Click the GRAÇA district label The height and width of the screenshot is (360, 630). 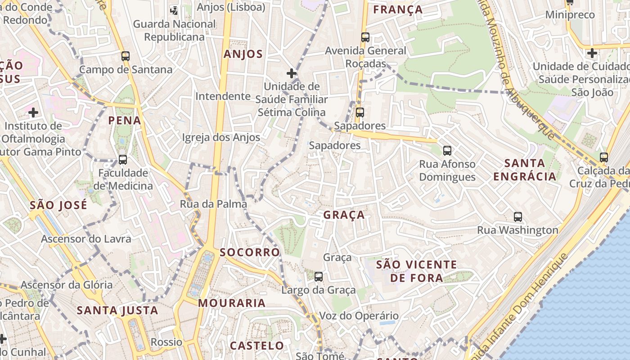[x=344, y=215]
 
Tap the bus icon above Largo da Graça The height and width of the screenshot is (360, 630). [x=319, y=276]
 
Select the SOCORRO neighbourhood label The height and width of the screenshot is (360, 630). [x=250, y=252]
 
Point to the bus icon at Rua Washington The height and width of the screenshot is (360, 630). [x=518, y=217]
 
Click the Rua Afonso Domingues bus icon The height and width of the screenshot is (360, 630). [x=447, y=150]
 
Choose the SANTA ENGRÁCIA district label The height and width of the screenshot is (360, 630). [x=525, y=170]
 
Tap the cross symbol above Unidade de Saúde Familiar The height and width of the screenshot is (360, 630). [x=292, y=73]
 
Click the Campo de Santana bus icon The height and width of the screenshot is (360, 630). [x=126, y=56]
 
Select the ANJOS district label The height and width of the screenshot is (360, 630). [x=243, y=54]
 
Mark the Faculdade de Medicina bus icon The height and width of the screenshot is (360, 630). [x=122, y=159]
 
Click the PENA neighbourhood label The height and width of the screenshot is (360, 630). [x=125, y=121]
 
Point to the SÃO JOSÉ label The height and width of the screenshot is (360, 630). [x=58, y=206]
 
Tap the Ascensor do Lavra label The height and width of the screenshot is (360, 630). [x=86, y=238]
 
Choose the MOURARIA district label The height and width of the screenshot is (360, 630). [x=232, y=303]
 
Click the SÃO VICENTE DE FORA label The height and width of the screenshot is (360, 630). [x=416, y=271]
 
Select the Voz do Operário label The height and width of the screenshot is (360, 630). [x=359, y=315]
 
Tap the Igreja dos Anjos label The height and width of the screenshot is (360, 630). [x=221, y=137]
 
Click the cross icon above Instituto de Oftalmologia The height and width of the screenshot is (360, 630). [x=33, y=112]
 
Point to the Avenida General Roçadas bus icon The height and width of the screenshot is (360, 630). [x=365, y=37]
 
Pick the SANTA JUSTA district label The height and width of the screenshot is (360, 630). [x=117, y=310]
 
